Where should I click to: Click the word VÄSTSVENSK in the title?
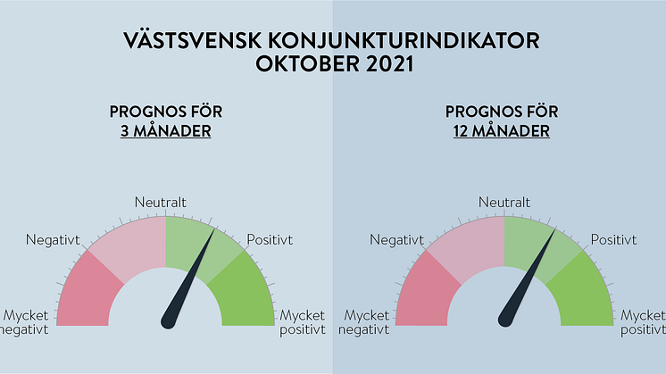tap(193, 41)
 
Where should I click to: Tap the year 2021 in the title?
tap(389, 64)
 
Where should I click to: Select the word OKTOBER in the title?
tap(307, 64)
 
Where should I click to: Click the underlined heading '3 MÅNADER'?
tap(166, 130)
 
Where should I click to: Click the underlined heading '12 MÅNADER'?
tap(501, 130)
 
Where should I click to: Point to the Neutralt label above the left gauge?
tap(160, 202)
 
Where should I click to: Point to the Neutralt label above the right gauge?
tap(504, 202)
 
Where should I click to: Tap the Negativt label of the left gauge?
tap(53, 240)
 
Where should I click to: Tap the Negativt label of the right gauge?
tap(396, 240)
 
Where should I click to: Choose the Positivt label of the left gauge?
tap(270, 240)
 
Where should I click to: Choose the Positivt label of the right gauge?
tap(613, 240)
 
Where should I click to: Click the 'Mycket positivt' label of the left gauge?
tap(303, 322)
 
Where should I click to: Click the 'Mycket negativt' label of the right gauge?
tap(363, 322)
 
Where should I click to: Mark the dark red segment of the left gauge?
tap(87, 293)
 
